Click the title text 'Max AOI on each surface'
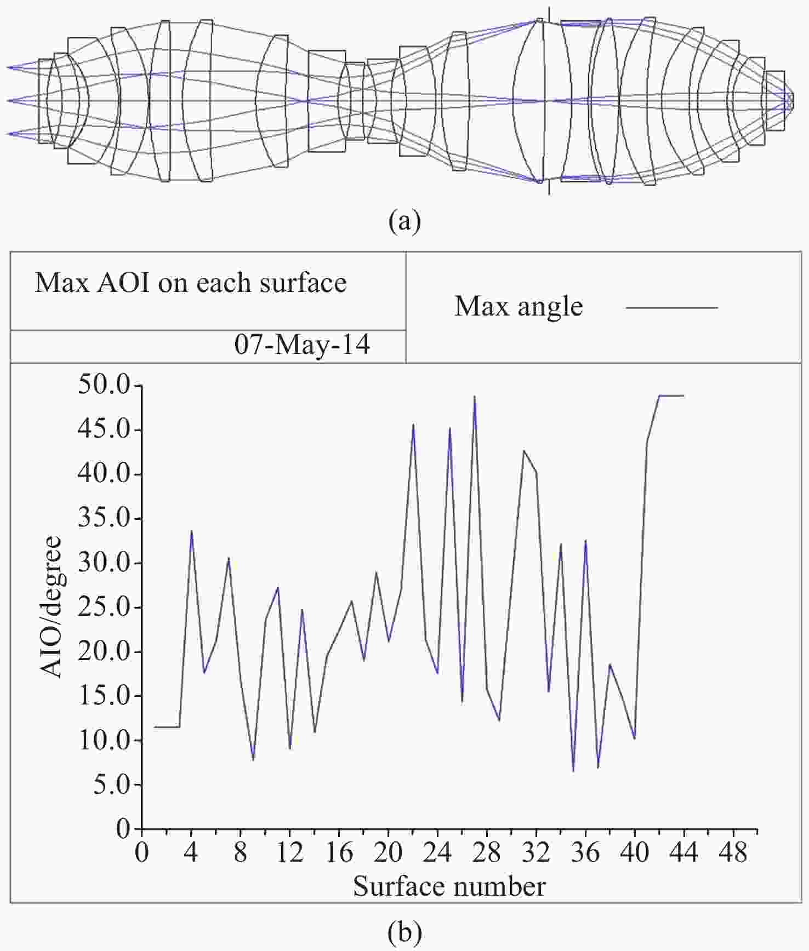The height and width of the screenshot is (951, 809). [x=191, y=283]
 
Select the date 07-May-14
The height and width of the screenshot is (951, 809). [x=302, y=345]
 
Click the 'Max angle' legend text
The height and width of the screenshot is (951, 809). [x=519, y=306]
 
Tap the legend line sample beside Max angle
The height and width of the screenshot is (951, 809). [x=671, y=307]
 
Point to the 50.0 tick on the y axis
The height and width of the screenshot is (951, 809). [x=106, y=386]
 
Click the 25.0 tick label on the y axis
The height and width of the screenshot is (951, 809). [x=106, y=608]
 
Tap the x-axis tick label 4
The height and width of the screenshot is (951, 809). [x=191, y=853]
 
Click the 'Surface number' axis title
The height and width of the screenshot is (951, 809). [x=449, y=886]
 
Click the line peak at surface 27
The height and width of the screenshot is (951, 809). [x=474, y=396]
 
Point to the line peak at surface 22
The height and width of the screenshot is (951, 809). [x=413, y=424]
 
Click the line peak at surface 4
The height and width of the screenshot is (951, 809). [x=191, y=531]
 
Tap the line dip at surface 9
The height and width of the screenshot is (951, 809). [x=253, y=760]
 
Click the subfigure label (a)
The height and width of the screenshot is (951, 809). [x=404, y=222]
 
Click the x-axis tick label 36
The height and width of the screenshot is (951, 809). [x=585, y=853]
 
